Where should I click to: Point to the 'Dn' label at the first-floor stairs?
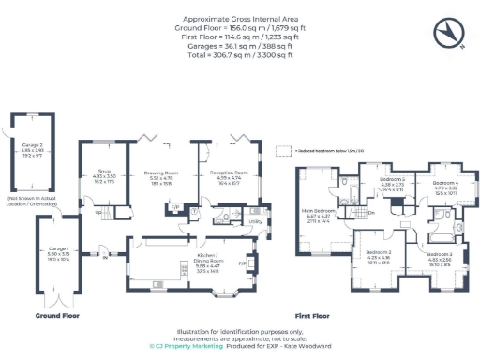(371, 213)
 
